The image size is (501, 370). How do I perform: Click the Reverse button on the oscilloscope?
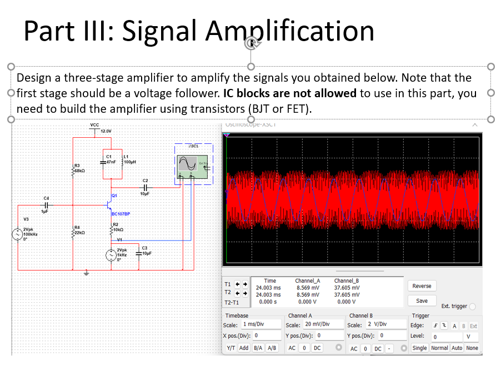(x=422, y=286)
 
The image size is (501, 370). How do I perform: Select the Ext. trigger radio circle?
(x=473, y=306)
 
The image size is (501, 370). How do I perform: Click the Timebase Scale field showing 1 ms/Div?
(x=260, y=324)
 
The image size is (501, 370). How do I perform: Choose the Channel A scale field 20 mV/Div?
(x=309, y=324)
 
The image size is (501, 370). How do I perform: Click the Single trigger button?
(x=420, y=348)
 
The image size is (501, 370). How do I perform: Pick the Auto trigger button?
(x=457, y=348)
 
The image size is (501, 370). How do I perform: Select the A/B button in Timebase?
(x=272, y=348)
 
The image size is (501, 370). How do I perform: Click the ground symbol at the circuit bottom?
(x=86, y=273)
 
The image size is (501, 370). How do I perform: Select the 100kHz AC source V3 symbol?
(x=18, y=234)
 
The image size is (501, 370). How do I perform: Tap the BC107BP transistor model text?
(x=121, y=213)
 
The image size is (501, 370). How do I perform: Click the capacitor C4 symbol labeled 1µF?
(x=47, y=205)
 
